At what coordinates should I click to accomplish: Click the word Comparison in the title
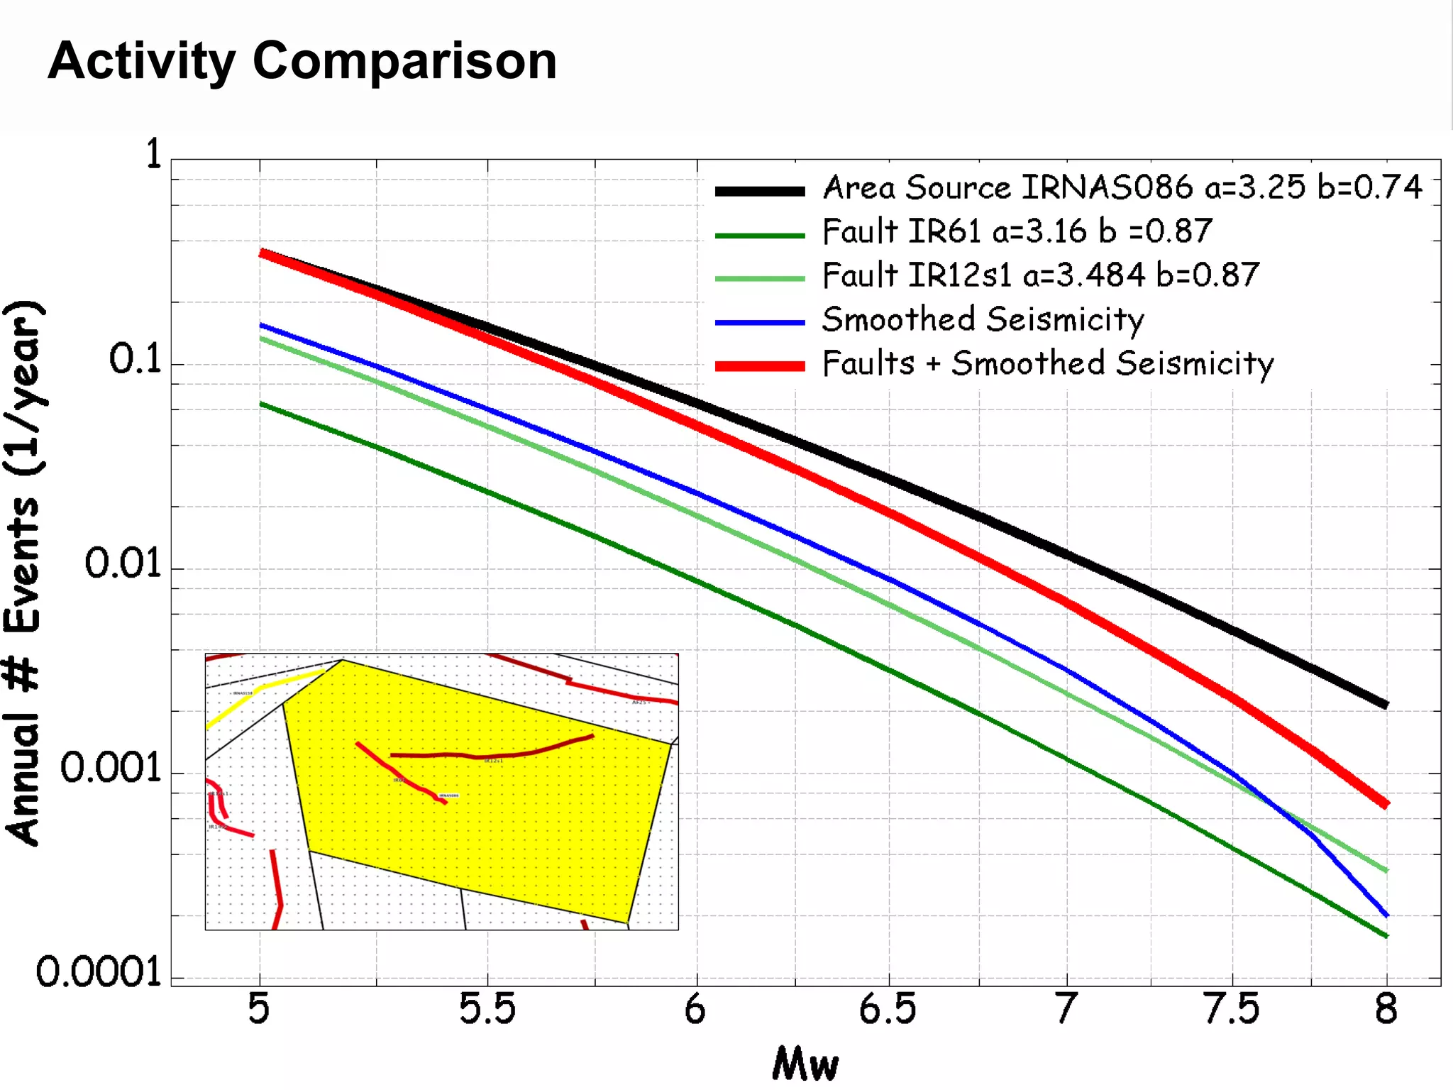(404, 62)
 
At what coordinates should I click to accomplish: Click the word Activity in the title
(141, 62)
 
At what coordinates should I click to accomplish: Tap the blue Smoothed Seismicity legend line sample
(759, 323)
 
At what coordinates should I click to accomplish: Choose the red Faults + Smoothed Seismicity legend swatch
(759, 366)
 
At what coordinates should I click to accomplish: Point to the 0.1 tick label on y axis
(135, 360)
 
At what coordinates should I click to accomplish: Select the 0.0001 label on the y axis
(99, 973)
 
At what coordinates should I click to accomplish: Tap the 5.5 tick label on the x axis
(487, 1010)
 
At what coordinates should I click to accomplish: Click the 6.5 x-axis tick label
(888, 1010)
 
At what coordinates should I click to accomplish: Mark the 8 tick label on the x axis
(1386, 1010)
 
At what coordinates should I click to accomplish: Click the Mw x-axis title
(805, 1064)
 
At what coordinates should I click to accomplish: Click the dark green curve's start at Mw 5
(262, 404)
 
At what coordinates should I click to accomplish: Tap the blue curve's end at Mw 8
(1385, 914)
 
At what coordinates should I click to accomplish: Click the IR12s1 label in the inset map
(494, 761)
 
